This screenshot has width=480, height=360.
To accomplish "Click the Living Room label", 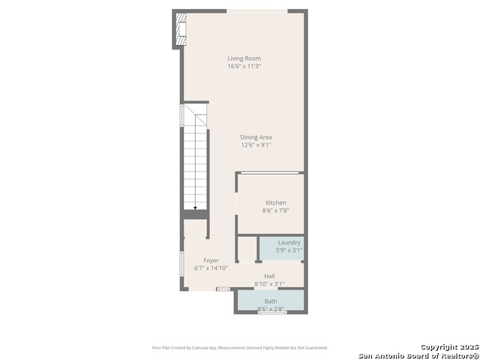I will [x=244, y=58].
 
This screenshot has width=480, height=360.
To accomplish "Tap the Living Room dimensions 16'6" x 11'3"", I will [x=244, y=67].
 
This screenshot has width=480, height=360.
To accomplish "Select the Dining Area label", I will [x=256, y=137].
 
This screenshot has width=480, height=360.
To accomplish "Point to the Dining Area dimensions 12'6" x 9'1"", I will [x=256, y=145].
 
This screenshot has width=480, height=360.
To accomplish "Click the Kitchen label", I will [x=275, y=202].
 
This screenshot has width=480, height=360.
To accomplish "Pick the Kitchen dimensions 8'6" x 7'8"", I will [x=275, y=211].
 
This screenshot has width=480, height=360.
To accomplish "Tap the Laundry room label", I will [x=289, y=242].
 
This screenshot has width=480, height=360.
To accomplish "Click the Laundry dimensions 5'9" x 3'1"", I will [x=289, y=250].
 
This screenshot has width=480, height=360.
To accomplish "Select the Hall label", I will [x=269, y=276].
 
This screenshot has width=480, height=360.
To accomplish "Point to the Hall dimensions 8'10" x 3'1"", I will [x=269, y=284].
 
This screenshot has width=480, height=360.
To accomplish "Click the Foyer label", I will [x=211, y=260].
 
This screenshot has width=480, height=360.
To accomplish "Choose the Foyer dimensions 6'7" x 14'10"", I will [x=211, y=268].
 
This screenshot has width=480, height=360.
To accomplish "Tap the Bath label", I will [x=270, y=301].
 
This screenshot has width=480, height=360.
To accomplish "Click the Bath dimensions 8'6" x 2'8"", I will [x=270, y=308].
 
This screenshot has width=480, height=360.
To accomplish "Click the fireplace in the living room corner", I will [x=179, y=31].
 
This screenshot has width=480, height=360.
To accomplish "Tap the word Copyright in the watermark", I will [x=439, y=346].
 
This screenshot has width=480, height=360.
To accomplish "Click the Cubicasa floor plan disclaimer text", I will [x=239, y=347].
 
